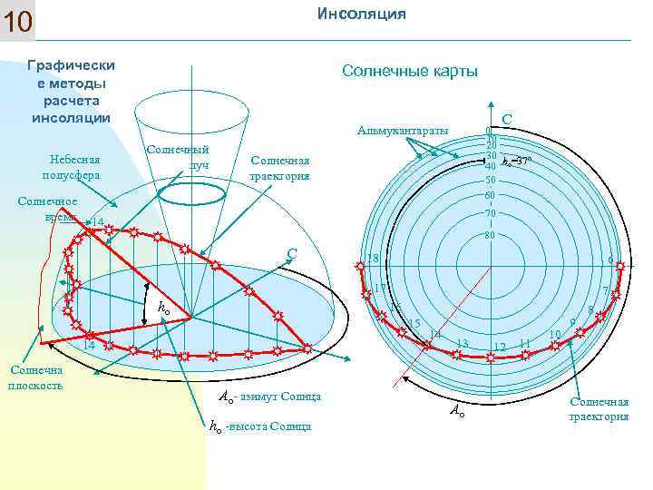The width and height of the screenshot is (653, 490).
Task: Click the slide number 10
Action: tap(18, 22)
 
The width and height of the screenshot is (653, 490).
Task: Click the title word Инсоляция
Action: tap(361, 14)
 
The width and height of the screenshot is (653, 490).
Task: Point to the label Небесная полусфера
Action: tap(71, 166)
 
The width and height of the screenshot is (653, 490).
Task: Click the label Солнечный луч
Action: tap(178, 157)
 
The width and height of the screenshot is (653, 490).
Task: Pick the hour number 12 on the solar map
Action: tap(499, 348)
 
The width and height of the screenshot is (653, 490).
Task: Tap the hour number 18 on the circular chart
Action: tap(371, 259)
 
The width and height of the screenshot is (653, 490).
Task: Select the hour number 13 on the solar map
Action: tap(462, 343)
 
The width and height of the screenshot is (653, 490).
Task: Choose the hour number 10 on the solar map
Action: tap(554, 336)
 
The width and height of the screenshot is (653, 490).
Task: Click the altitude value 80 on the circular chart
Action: tap(489, 236)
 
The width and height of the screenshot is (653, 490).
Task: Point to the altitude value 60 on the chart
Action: tap(489, 196)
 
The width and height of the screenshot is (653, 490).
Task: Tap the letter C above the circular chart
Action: tap(507, 118)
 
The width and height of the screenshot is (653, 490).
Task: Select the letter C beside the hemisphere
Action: tap(292, 253)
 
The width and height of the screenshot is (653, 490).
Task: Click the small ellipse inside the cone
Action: tap(190, 192)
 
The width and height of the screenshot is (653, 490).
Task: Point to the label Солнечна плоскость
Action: tap(34, 377)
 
